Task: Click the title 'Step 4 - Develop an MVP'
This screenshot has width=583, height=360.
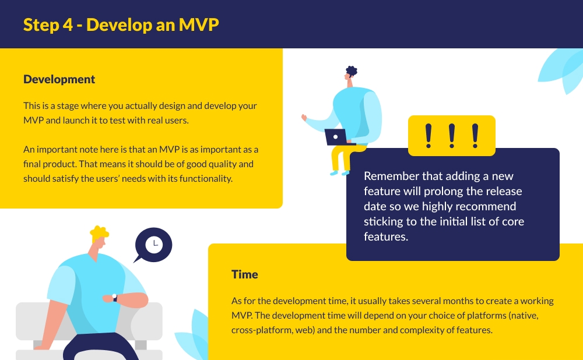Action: click(121, 24)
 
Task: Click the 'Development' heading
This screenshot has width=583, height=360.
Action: click(59, 79)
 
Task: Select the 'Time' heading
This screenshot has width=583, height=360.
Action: click(244, 274)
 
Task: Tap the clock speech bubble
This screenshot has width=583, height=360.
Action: click(153, 244)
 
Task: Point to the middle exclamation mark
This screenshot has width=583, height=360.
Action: click(451, 135)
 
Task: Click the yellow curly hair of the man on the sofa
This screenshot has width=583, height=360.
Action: click(99, 233)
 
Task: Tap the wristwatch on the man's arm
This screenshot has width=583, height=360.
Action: click(115, 298)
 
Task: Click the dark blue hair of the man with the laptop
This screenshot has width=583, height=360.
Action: click(351, 72)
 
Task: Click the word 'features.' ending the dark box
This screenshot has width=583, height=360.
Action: click(385, 237)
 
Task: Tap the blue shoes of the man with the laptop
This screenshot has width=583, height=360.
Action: click(339, 172)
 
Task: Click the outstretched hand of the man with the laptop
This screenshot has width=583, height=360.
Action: click(304, 118)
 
